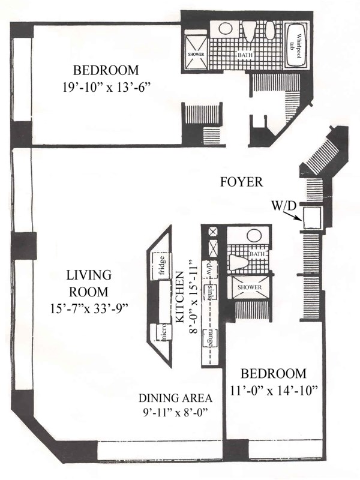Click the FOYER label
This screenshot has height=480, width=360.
point(242,182)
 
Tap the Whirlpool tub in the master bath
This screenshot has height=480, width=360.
point(296,46)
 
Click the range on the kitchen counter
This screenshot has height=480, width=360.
point(211,338)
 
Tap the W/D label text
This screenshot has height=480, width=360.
point(284,206)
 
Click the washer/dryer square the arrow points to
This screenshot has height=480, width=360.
point(311,217)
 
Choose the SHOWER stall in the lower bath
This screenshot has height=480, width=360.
point(250,287)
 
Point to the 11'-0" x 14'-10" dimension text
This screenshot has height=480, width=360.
point(274,391)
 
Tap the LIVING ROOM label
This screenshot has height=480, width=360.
point(89,283)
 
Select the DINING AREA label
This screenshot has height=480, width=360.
point(175,398)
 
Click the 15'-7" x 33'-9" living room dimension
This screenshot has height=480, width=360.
point(89,308)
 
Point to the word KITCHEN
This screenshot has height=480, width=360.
point(181,296)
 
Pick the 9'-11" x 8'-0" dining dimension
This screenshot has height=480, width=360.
point(175,412)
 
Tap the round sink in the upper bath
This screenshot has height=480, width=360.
point(226,29)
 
